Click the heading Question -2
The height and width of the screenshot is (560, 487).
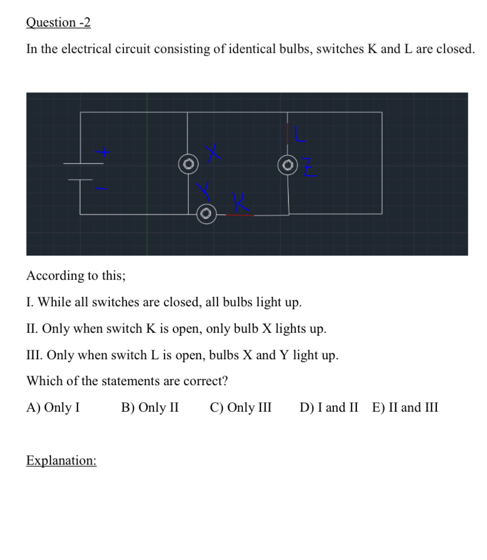coord(58,22)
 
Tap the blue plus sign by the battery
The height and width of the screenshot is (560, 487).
coord(104,153)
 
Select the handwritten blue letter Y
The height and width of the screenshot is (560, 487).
coord(203,190)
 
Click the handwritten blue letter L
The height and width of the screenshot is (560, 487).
coord(301,134)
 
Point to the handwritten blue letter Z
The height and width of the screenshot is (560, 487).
coord(311,169)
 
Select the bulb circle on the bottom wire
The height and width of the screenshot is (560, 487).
coord(205,213)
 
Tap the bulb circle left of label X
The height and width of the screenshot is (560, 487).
coord(188,164)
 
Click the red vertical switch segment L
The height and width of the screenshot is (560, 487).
coord(288,134)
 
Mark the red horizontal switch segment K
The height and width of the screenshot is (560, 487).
coord(239,216)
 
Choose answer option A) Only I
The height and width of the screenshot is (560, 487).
coord(54,407)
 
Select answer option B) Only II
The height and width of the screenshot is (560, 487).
coord(150,407)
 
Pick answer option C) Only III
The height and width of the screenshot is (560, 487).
coord(241,407)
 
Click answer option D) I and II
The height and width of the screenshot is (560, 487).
coord(328,407)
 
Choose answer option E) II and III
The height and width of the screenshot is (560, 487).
coord(405,407)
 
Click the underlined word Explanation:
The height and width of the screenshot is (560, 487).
coord(61,460)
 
